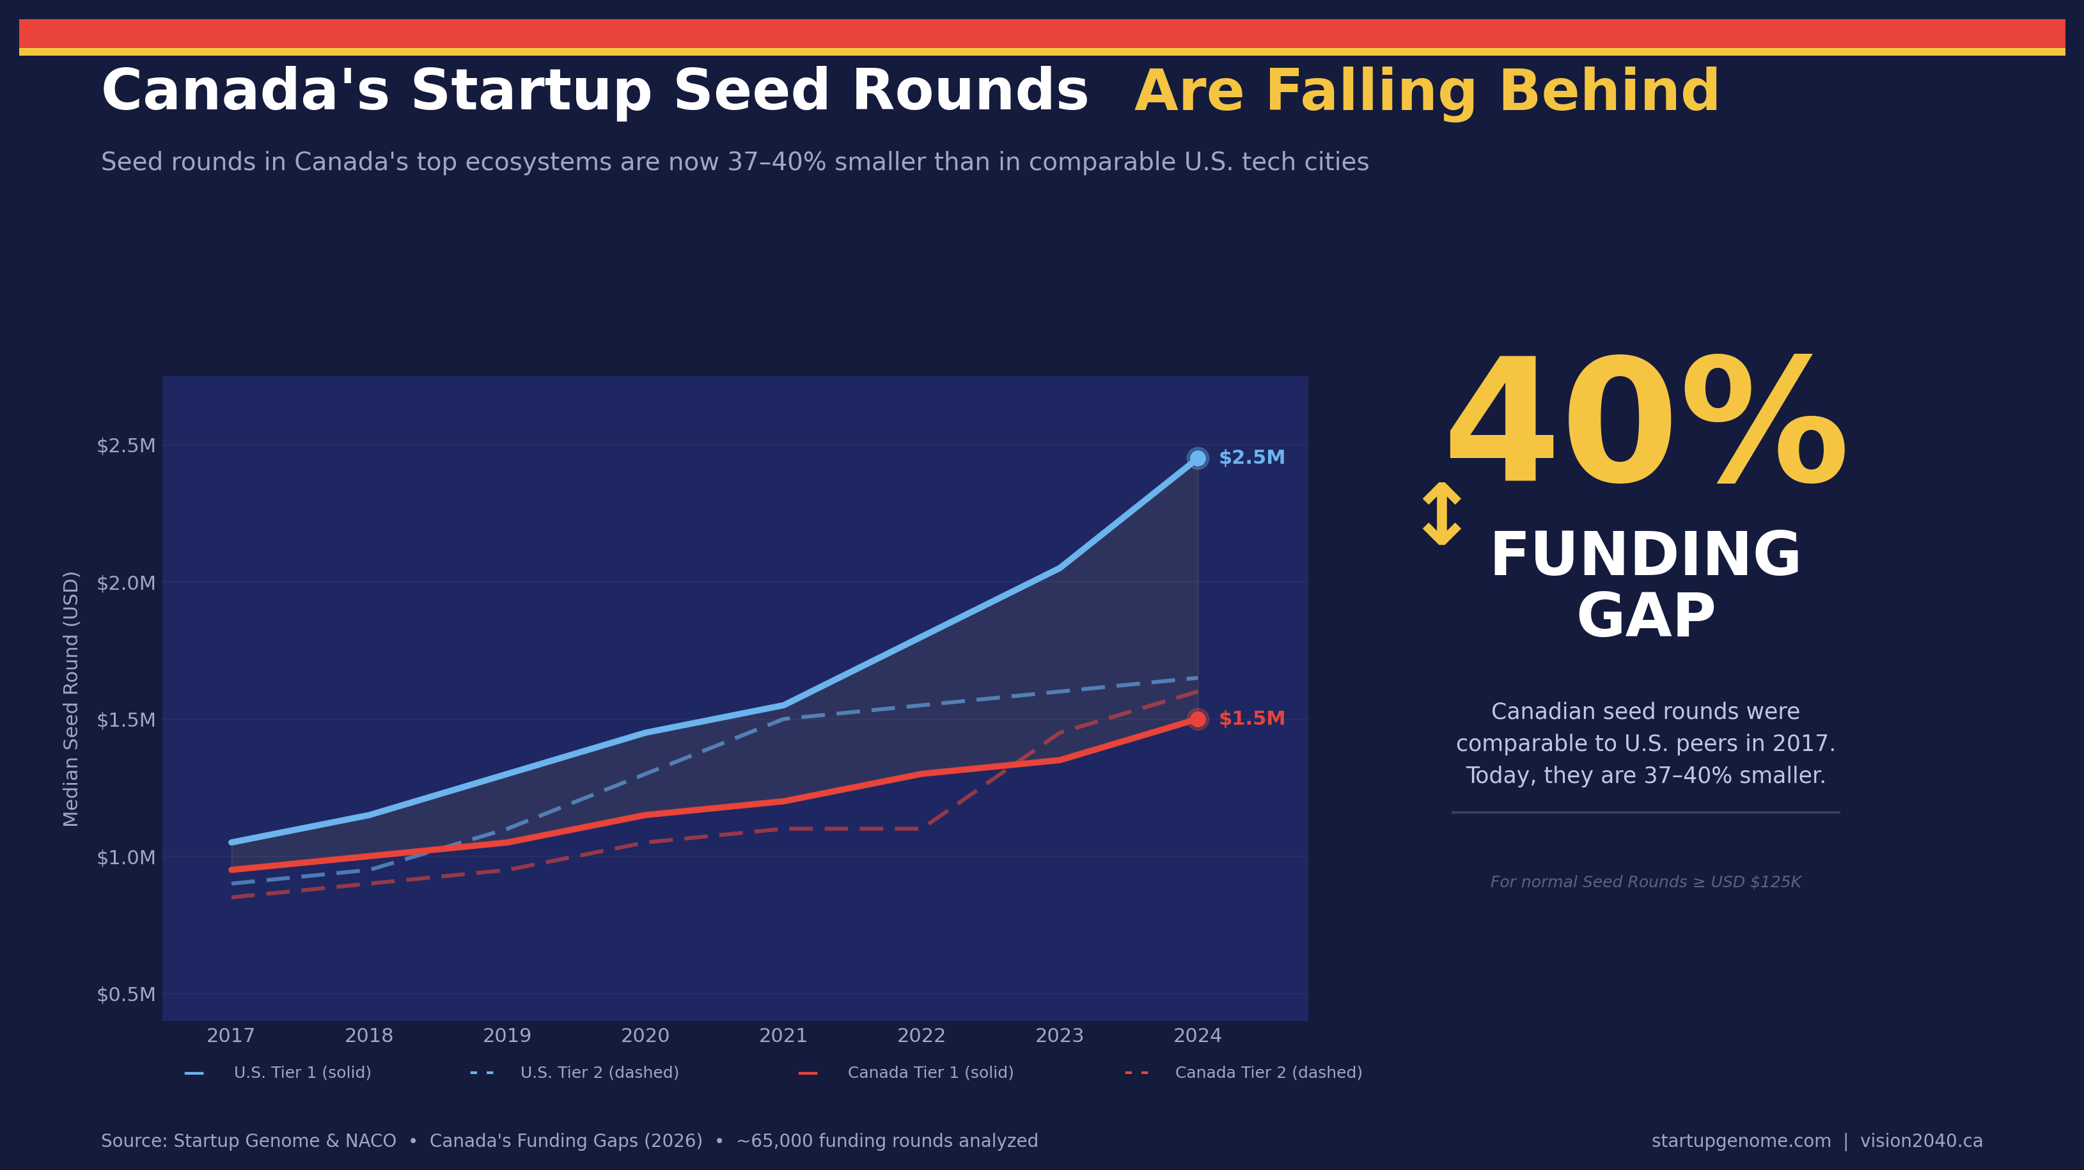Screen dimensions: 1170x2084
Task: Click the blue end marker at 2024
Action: coord(1197,458)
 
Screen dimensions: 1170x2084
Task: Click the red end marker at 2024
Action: coord(1197,718)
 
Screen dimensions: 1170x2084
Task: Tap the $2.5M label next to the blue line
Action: coord(1251,458)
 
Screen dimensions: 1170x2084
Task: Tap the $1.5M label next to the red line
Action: coord(1251,718)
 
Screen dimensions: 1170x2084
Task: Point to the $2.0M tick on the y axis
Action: coord(126,583)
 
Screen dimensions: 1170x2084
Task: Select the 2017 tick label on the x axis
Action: coord(231,1036)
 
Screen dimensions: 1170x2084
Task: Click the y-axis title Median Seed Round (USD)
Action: coord(71,699)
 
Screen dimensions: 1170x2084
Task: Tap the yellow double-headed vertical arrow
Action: coord(1441,514)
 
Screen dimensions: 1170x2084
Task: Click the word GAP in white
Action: coord(1645,617)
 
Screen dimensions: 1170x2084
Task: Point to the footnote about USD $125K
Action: coord(1645,882)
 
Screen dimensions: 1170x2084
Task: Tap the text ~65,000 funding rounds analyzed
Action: coord(887,1141)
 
